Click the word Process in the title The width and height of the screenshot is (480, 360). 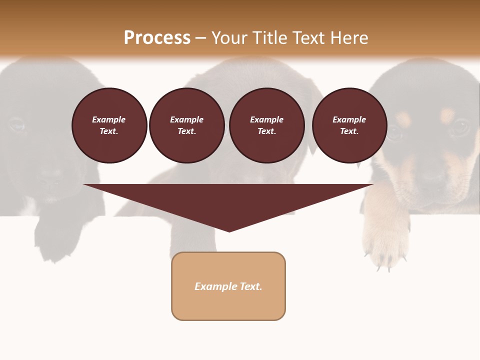coord(157,38)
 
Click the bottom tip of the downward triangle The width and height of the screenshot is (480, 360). coord(229,230)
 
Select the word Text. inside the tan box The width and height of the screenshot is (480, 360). coord(251,286)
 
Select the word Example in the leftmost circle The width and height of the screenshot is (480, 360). coord(109,119)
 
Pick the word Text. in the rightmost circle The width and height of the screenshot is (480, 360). coord(349,131)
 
